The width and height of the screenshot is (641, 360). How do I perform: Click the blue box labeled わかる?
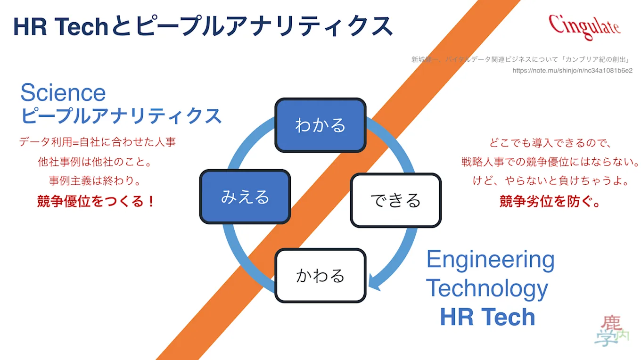pyautogui.click(x=320, y=125)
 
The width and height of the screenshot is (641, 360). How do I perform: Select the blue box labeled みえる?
pyautogui.click(x=245, y=196)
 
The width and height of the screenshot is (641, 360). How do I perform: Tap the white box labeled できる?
pyautogui.click(x=395, y=200)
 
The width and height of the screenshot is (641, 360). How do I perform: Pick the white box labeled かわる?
pyautogui.click(x=320, y=275)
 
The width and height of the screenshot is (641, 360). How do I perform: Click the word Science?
pyautogui.click(x=63, y=92)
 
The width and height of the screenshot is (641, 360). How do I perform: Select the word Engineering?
pyautogui.click(x=490, y=260)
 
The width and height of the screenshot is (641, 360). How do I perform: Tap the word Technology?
pyautogui.click(x=487, y=288)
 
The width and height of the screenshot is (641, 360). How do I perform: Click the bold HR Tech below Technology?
pyautogui.click(x=487, y=317)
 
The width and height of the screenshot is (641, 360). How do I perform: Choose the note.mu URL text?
pyautogui.click(x=572, y=71)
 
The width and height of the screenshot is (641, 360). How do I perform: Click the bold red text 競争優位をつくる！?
pyautogui.click(x=97, y=202)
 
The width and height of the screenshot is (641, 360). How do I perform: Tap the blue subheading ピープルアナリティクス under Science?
pyautogui.click(x=121, y=115)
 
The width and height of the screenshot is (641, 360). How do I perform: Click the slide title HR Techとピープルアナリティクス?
pyautogui.click(x=203, y=26)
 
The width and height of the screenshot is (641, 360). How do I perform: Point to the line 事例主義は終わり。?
pyautogui.click(x=96, y=180)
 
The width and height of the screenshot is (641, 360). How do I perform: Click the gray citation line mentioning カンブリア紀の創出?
pyautogui.click(x=521, y=59)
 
